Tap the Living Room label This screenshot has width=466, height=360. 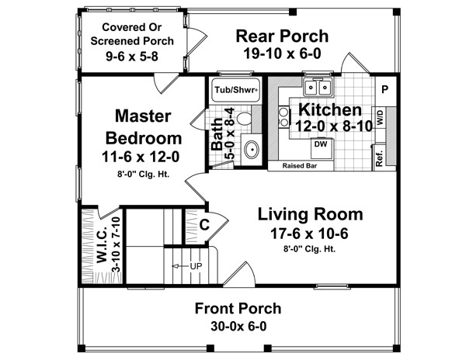coord(310,214)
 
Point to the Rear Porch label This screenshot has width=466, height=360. coord(282,36)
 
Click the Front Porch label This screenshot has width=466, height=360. coord(238,308)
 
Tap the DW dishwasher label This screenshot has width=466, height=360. coord(320,144)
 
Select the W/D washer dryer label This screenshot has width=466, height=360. coord(381,118)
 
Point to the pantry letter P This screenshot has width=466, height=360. coord(384,88)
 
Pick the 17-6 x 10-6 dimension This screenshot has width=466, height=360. coord(310,233)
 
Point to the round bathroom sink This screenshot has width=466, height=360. coord(250,150)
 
